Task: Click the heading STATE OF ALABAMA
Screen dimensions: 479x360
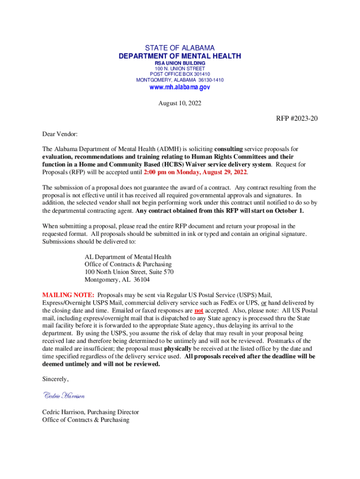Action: tap(180, 48)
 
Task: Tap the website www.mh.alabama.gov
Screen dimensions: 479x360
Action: tap(180, 87)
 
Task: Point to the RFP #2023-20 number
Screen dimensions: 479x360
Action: tap(296, 118)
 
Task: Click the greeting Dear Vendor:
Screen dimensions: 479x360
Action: tap(60, 134)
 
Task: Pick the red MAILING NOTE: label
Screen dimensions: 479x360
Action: tap(68, 295)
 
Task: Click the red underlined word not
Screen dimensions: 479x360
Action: tap(199, 310)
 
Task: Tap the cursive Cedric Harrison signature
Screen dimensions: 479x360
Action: tap(64, 396)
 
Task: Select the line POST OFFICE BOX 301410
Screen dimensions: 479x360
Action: tap(180, 74)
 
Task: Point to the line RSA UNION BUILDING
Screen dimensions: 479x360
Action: tap(180, 63)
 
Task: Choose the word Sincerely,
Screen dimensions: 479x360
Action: tap(56, 379)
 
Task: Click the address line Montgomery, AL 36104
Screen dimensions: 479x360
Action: tap(117, 280)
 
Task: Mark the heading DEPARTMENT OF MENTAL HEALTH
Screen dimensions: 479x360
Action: tap(180, 56)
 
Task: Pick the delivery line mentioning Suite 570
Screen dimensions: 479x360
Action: tap(129, 272)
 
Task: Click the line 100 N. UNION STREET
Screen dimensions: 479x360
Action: tap(180, 68)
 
